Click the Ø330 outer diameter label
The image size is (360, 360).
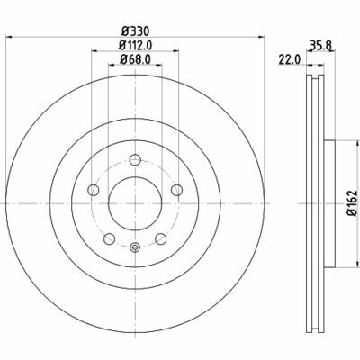point(135,31)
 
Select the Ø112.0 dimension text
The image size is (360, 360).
point(135,46)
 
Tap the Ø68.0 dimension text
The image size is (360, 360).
point(135,59)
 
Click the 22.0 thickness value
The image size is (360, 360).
point(290,59)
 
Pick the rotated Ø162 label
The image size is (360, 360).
point(352,202)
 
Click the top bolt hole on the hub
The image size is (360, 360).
point(135,159)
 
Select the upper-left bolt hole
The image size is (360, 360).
point(94,190)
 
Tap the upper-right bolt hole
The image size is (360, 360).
point(176,190)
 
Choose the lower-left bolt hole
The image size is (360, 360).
point(109,238)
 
